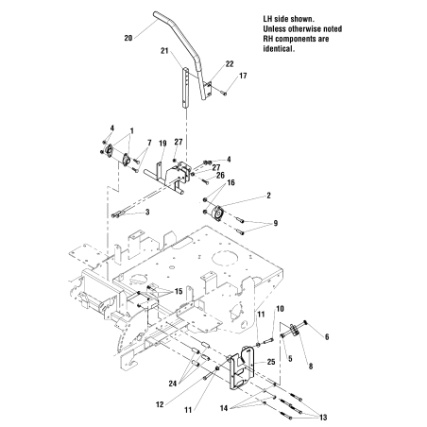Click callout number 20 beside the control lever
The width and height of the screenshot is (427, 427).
click(128, 39)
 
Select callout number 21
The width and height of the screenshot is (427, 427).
click(164, 50)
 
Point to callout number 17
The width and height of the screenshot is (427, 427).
click(243, 76)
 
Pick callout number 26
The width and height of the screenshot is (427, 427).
click(220, 174)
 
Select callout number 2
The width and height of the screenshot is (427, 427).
click(269, 195)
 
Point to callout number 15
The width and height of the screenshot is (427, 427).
click(177, 291)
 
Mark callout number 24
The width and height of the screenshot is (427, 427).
click(171, 383)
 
